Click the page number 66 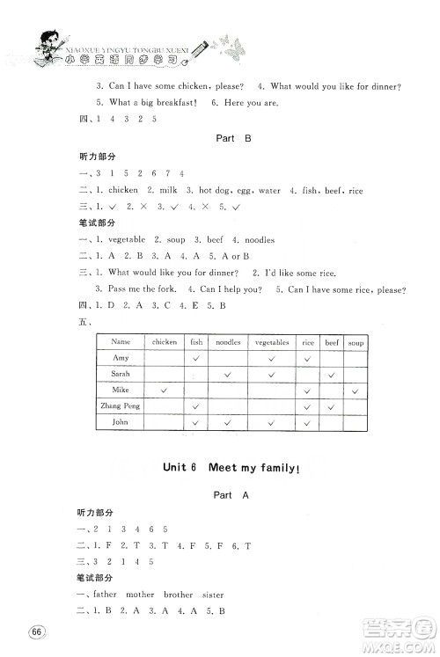tap(36, 633)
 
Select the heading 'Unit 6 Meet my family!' tap(219, 467)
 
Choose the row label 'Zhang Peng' tap(121, 405)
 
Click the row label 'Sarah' tap(121, 373)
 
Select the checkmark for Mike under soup tap(356, 390)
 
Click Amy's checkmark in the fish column tap(196, 358)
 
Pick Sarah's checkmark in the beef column tap(332, 374)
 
